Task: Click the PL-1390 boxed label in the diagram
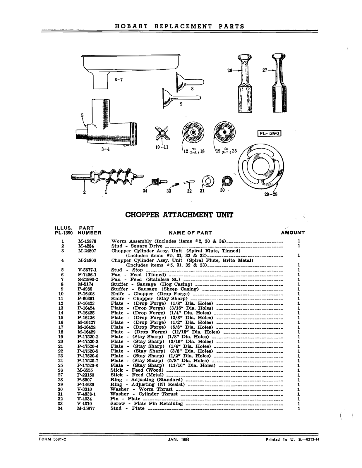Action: click(x=269, y=134)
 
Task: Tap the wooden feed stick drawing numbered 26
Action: click(x=245, y=85)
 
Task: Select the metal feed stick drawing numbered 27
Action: click(x=280, y=85)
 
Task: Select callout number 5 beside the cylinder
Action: click(x=82, y=115)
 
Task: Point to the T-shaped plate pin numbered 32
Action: click(x=189, y=183)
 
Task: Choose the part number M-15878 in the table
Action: click(x=87, y=241)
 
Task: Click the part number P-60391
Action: click(x=87, y=299)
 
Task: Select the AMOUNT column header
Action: click(x=293, y=233)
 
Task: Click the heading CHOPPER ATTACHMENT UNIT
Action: click(x=179, y=215)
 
